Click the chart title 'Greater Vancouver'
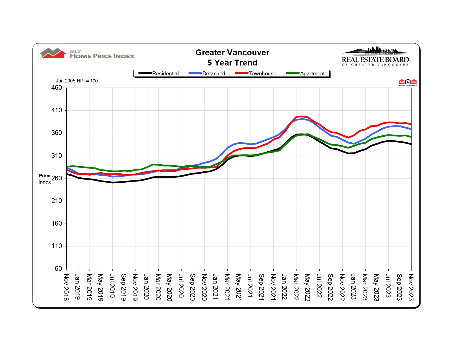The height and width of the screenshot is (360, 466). (232, 53)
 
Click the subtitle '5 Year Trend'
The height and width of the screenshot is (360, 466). (232, 63)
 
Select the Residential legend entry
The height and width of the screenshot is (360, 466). (165, 74)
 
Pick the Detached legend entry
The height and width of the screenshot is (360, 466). (214, 74)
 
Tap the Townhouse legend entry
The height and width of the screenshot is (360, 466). (262, 74)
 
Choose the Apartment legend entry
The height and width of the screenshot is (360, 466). (312, 74)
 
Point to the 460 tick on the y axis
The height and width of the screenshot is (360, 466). (56, 88)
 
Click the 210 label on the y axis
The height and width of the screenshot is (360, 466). (56, 201)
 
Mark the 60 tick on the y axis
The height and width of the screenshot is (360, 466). (58, 269)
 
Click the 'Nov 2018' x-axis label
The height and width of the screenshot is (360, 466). (66, 287)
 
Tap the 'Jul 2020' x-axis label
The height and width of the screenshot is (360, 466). (181, 286)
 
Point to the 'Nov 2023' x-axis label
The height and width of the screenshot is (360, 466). (411, 287)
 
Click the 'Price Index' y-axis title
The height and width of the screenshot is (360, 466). (45, 179)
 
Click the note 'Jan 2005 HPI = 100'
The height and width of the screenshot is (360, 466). (77, 81)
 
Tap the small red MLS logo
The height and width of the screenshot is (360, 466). (408, 82)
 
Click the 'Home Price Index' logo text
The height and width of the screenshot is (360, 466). (102, 56)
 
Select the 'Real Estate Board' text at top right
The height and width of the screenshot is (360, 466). (375, 60)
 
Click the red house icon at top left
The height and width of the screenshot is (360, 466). (53, 53)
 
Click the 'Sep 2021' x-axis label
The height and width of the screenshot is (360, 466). (262, 287)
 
